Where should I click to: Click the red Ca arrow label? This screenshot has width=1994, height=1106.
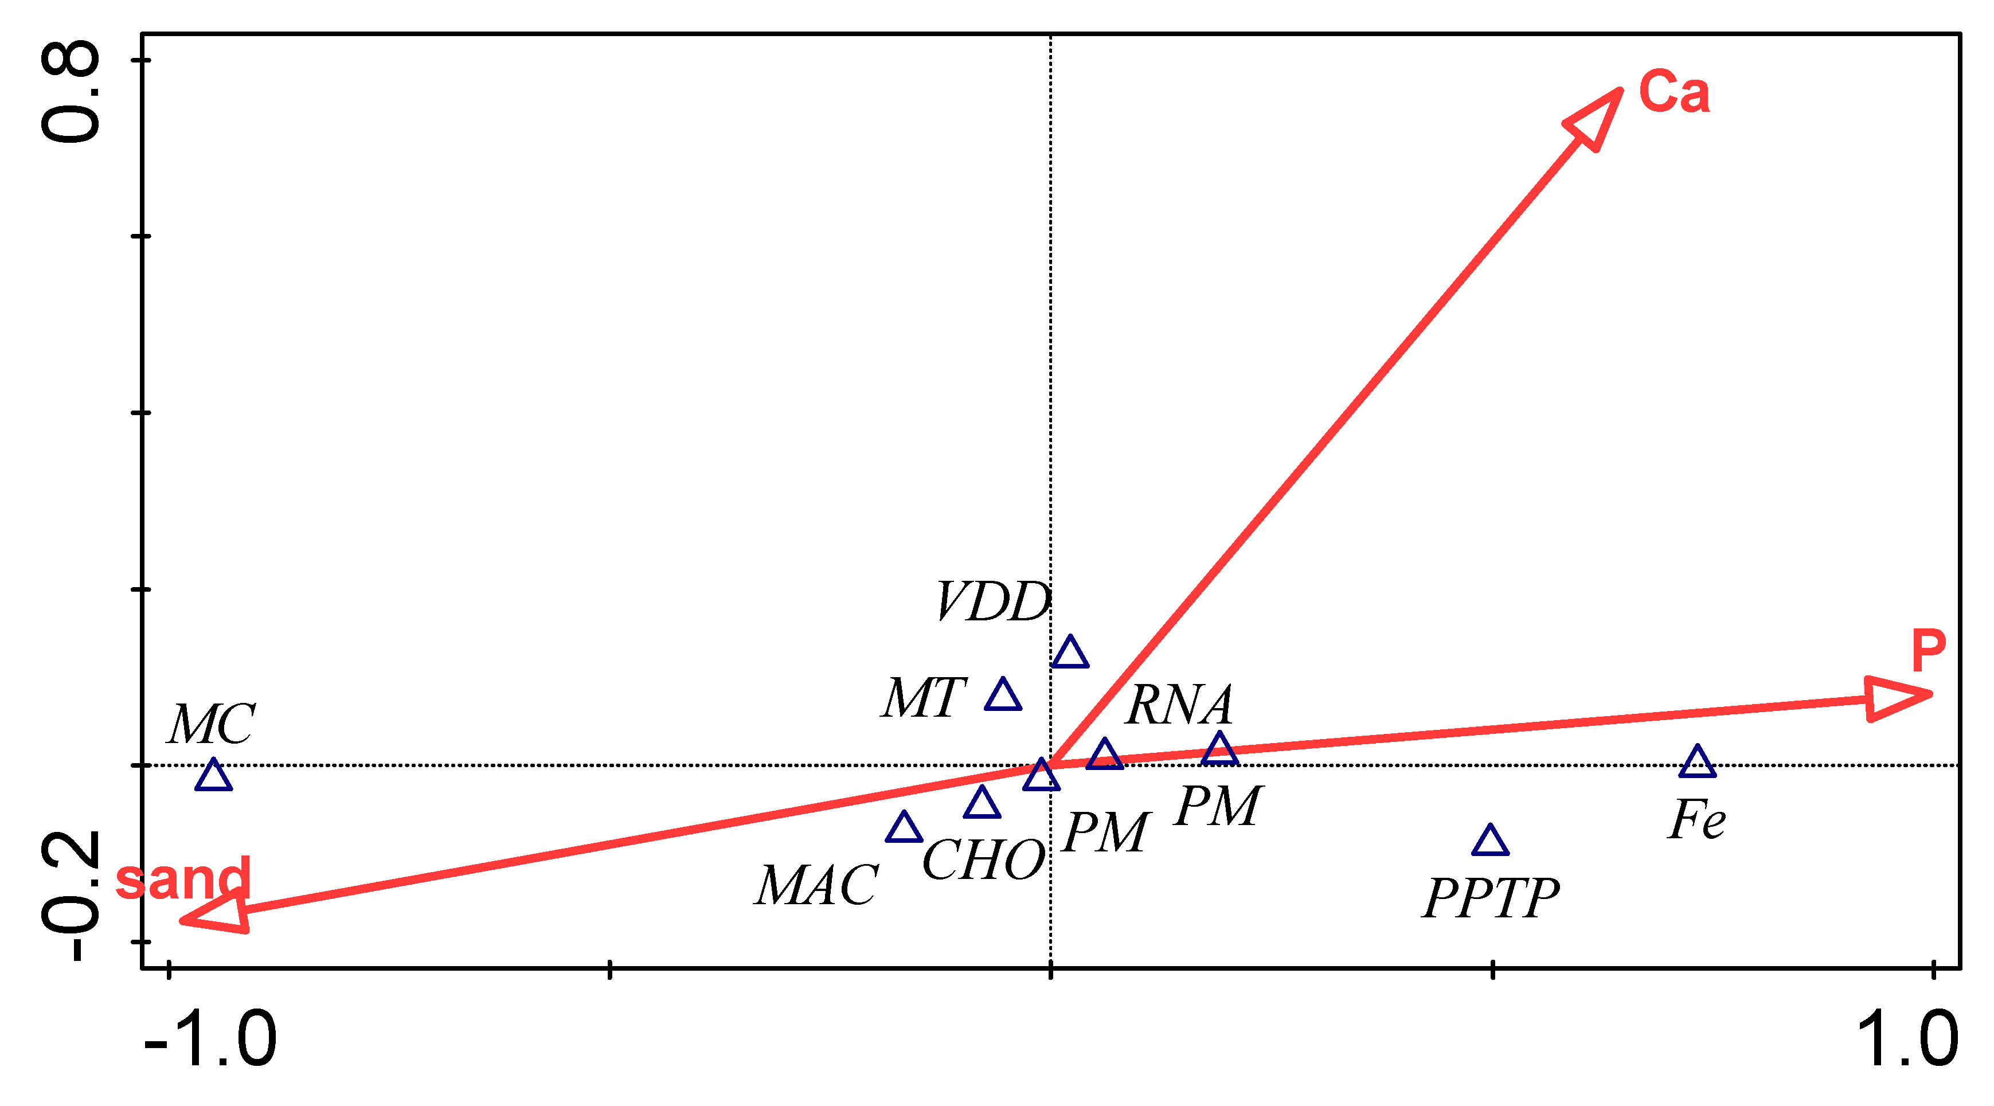tap(1674, 92)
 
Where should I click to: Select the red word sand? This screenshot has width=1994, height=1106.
tap(183, 878)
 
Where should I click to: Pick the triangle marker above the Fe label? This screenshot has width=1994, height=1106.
tap(1698, 761)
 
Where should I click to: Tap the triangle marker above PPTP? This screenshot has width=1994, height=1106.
tap(1490, 841)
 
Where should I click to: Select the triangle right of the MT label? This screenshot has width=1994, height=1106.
tap(1003, 695)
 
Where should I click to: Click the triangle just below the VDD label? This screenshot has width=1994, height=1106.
tap(1070, 652)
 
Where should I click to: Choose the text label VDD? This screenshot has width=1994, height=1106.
tap(993, 602)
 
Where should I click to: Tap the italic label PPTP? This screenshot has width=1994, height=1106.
tap(1491, 898)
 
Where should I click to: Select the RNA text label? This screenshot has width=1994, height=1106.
tap(1179, 705)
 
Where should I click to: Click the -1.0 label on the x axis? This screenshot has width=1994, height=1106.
tap(210, 1039)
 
